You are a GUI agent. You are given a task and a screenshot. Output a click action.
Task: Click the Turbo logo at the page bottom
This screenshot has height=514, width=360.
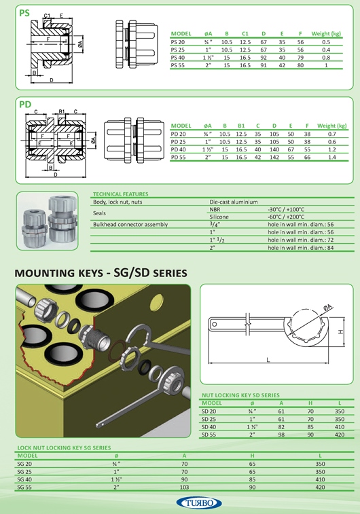coord(199,503)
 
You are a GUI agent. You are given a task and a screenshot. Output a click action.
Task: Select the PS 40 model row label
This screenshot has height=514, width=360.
coord(178,58)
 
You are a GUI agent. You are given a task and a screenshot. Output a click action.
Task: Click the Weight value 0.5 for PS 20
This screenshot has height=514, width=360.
coord(326,42)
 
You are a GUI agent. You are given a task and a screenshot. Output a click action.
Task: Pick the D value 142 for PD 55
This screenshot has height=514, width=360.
coord(274,158)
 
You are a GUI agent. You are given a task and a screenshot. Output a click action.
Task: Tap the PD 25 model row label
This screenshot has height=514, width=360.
coord(178,142)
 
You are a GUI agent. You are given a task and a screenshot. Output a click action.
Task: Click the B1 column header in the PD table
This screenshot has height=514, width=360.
coord(241,126)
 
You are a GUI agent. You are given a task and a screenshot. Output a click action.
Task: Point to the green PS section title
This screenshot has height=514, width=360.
coord(24,13)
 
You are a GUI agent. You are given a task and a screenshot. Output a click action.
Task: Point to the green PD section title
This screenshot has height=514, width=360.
coord(25,105)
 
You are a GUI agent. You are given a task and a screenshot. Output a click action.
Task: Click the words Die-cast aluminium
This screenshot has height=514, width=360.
coord(234,202)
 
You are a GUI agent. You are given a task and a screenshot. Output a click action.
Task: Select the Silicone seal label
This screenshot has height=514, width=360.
coord(219,217)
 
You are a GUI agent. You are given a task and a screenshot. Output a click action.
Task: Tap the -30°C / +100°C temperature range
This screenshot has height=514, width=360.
coord(286,209)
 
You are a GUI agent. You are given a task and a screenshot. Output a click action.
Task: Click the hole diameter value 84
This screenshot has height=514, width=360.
coord(330,248)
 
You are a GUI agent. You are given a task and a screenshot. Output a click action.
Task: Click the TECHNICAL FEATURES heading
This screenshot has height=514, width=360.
coord(121,194)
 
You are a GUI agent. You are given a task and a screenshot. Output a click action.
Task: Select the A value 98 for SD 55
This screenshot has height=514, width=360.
coord(281,435)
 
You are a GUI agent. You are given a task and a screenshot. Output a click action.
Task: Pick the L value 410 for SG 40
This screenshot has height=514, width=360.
coord(320,479)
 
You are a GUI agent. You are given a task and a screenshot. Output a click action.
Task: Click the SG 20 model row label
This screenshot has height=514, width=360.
coord(24,464)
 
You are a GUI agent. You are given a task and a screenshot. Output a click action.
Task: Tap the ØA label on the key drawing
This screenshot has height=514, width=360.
coord(327,308)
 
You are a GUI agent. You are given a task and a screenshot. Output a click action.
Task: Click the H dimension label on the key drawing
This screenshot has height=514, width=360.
coord(341,332)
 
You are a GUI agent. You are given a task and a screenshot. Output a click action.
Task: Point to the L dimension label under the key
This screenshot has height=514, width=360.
coord(268,360)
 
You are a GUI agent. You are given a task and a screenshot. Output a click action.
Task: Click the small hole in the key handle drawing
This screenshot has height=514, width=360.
coord(215,325)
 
